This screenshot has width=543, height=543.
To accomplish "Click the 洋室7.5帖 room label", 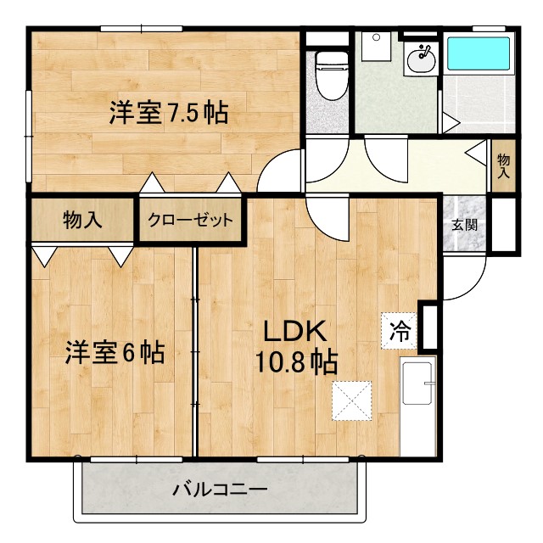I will (x=168, y=113).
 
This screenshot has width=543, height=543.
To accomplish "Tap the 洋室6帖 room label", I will (x=115, y=352).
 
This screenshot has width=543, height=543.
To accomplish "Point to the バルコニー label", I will (x=221, y=490).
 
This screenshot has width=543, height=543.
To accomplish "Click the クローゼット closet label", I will (x=190, y=221).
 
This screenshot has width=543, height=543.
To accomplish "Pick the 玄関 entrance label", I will (x=463, y=225).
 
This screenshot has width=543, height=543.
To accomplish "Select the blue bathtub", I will (x=479, y=53).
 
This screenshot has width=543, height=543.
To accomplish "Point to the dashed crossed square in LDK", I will (x=352, y=400).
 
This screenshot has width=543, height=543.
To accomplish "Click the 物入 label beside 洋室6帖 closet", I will (x=82, y=221).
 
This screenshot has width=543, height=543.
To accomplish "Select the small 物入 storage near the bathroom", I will (x=504, y=164).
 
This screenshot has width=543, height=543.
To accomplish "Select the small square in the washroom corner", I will (x=374, y=45).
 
